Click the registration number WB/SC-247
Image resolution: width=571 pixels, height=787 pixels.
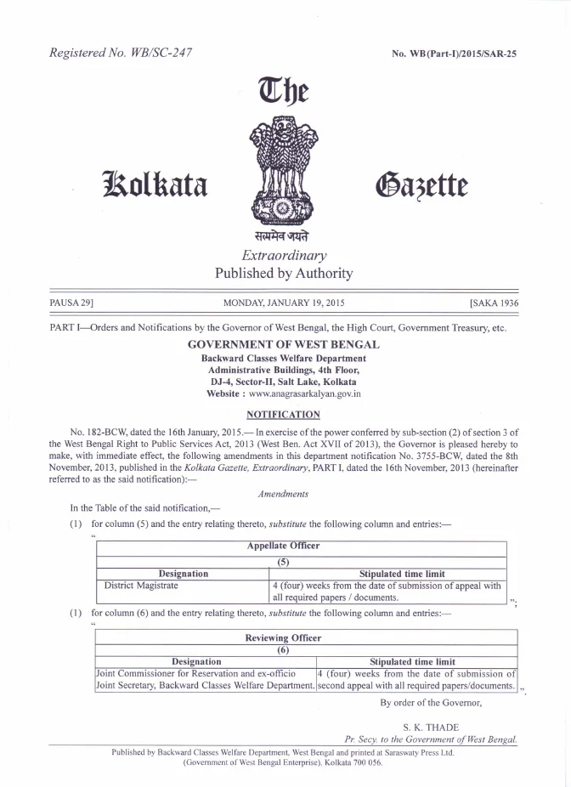[x=157, y=53]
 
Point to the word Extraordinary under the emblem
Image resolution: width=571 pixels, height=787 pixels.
[x=284, y=255]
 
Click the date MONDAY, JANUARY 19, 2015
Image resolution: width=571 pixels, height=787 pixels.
[x=284, y=303]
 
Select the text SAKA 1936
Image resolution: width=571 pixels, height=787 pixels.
[x=494, y=303]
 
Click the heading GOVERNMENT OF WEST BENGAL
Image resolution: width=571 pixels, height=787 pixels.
[x=284, y=344]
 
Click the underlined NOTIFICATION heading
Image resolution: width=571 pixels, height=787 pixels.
[x=284, y=415]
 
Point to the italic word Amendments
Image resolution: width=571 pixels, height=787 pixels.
[x=284, y=494]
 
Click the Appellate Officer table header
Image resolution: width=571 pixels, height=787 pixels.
[x=284, y=546]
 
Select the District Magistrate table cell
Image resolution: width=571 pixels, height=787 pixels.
[x=141, y=586]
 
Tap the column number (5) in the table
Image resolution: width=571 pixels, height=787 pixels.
[x=284, y=561]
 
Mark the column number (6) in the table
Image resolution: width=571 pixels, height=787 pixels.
[x=284, y=650]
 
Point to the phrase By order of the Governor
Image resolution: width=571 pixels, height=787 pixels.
[x=431, y=702]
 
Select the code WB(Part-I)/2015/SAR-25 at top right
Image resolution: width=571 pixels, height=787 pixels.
[x=454, y=54]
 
